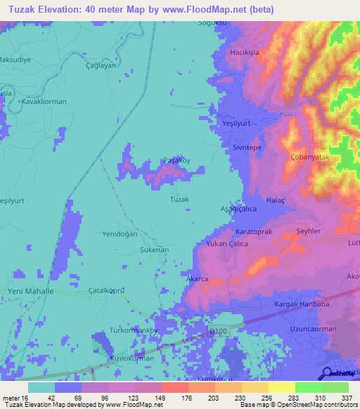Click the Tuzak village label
(x=179, y=200)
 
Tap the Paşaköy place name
(x=176, y=160)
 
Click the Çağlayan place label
(x=99, y=65)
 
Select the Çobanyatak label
(x=309, y=157)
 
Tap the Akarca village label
(x=198, y=279)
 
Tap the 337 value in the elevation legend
(x=347, y=398)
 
